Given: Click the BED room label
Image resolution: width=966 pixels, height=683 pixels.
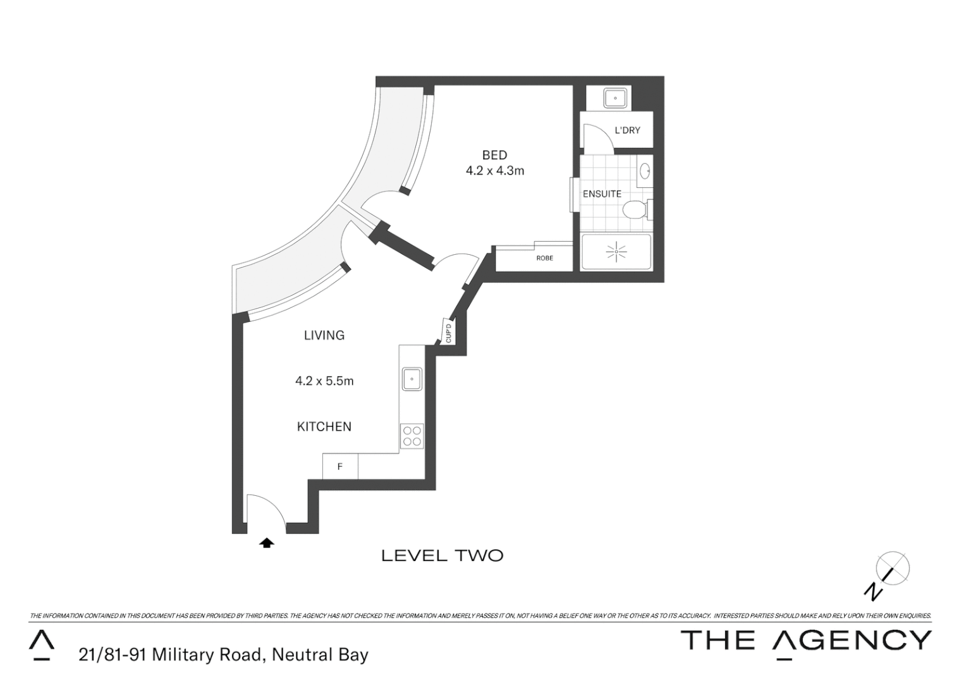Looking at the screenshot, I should tap(494, 155).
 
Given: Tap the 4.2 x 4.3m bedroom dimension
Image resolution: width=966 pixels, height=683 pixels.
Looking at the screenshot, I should tap(494, 171).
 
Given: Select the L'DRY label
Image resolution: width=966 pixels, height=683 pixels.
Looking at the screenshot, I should tap(627, 130).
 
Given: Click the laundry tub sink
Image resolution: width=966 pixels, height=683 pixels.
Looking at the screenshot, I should tap(614, 99).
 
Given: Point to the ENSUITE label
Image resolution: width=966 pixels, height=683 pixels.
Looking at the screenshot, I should tap(602, 194).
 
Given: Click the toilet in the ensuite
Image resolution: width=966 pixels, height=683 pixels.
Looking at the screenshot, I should tap(634, 209).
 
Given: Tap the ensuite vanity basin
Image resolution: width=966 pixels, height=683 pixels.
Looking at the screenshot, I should tap(645, 171).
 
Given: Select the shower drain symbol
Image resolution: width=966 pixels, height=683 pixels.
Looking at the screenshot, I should tap(616, 252).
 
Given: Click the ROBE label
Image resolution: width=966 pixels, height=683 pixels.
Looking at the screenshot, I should tap(544, 258).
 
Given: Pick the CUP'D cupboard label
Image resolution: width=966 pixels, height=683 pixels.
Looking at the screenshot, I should tap(448, 333).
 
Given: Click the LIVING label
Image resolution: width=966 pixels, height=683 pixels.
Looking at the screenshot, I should tap(324, 335).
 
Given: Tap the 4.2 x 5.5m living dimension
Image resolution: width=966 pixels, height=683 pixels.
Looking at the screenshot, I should tap(324, 381).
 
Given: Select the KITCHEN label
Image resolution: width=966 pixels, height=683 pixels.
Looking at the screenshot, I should tap(324, 427).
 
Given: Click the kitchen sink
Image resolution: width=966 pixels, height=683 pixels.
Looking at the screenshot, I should tap(412, 379).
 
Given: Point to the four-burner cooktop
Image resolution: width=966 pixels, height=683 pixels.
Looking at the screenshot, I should tap(412, 436).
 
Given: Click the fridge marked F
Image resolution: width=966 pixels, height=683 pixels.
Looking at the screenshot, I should tap(340, 467).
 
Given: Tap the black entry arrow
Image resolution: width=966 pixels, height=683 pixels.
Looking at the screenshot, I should tap(267, 542).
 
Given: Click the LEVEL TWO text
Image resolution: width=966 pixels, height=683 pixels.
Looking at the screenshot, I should tap(443, 556).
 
